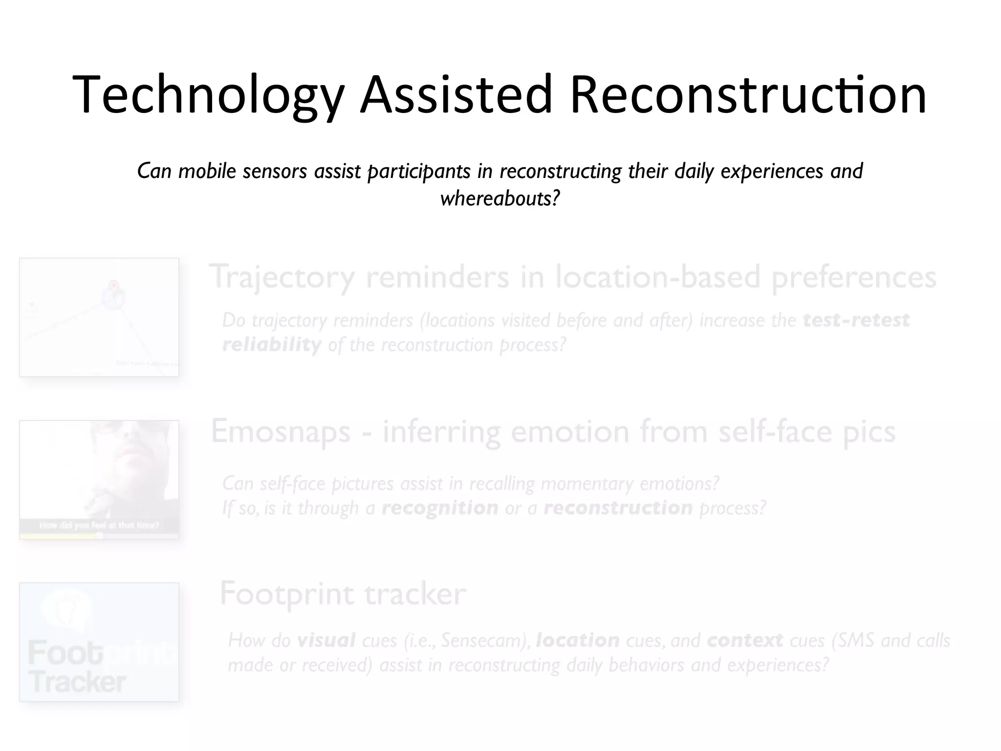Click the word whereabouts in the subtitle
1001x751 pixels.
coord(499,199)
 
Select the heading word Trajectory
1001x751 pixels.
coord(283,277)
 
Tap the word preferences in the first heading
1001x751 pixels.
coord(853,277)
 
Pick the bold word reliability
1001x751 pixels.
coord(272,345)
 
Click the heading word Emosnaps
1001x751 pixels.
coord(281,432)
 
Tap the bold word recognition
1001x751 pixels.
coord(440,508)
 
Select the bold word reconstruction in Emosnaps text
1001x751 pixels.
coord(618,508)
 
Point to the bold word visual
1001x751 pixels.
coord(326,640)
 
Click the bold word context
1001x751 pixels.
coord(745,640)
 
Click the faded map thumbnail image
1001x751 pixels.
coord(99,317)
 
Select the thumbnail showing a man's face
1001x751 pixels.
coord(99,479)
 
